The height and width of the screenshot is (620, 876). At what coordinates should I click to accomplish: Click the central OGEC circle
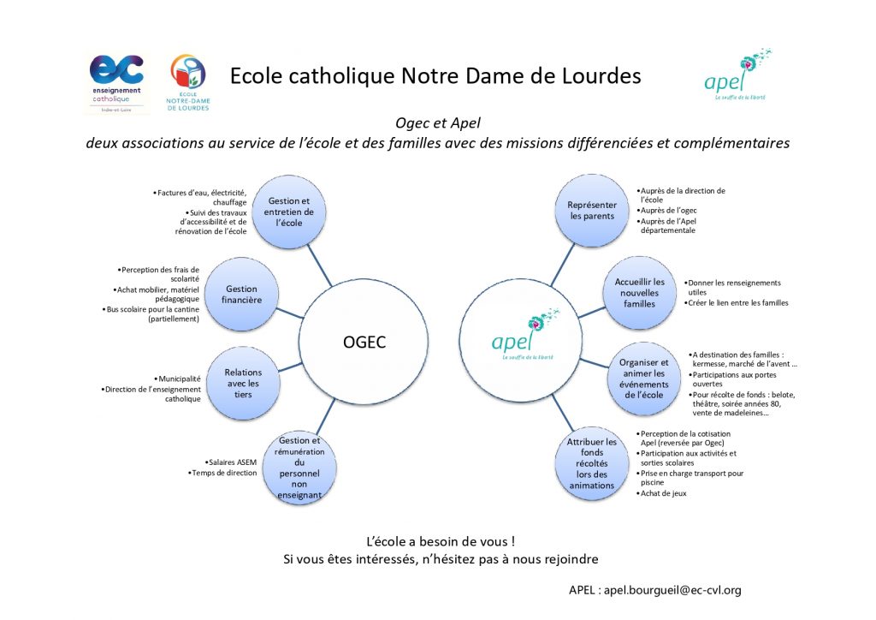click(x=364, y=343)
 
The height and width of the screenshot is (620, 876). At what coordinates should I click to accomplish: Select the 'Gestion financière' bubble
click(x=241, y=295)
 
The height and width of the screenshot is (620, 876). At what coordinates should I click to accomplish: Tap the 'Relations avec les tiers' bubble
click(x=243, y=383)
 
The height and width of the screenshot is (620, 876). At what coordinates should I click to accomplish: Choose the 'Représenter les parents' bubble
click(x=592, y=210)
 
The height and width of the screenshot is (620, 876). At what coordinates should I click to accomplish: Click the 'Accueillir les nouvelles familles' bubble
click(x=639, y=293)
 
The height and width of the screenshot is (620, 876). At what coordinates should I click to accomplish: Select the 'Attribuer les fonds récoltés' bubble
click(x=592, y=463)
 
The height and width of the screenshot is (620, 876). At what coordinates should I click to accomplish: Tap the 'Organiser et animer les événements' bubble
click(x=643, y=379)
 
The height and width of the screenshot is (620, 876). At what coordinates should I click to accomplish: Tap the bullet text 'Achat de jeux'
click(x=663, y=493)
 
